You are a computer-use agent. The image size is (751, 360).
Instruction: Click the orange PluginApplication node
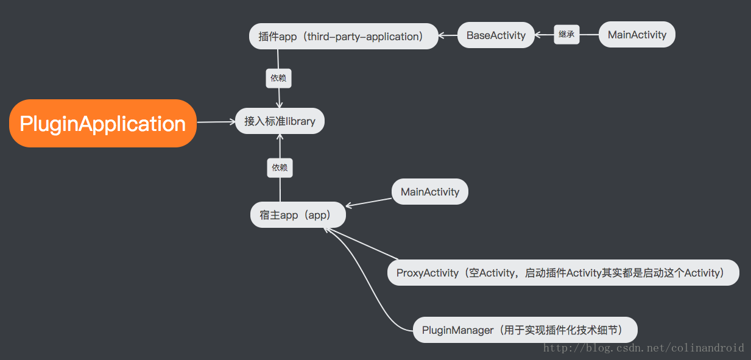pyautogui.click(x=102, y=124)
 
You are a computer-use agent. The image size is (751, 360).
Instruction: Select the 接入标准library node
pyautogui.click(x=280, y=121)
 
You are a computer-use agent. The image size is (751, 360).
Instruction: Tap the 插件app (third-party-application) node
pyautogui.click(x=344, y=37)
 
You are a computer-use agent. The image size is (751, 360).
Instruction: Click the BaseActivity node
pyautogui.click(x=496, y=35)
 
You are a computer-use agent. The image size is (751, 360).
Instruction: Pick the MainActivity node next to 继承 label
pyautogui.click(x=637, y=35)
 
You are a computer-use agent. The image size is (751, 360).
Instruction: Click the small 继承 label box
pyautogui.click(x=566, y=35)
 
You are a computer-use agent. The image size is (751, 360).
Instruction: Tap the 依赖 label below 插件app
pyautogui.click(x=278, y=78)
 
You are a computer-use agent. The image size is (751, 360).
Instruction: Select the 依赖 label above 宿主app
pyautogui.click(x=280, y=168)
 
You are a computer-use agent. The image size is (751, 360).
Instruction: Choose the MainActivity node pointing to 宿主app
pyautogui.click(x=430, y=192)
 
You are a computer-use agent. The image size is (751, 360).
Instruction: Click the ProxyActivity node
pyautogui.click(x=563, y=273)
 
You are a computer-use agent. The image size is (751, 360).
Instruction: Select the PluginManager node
pyautogui.click(x=525, y=330)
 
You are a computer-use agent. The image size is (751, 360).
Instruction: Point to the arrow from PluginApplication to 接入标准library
pyautogui.click(x=216, y=122)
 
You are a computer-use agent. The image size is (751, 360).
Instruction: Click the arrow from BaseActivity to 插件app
pyautogui.click(x=448, y=36)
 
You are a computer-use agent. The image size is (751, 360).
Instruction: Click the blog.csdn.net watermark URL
pyautogui.click(x=643, y=348)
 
